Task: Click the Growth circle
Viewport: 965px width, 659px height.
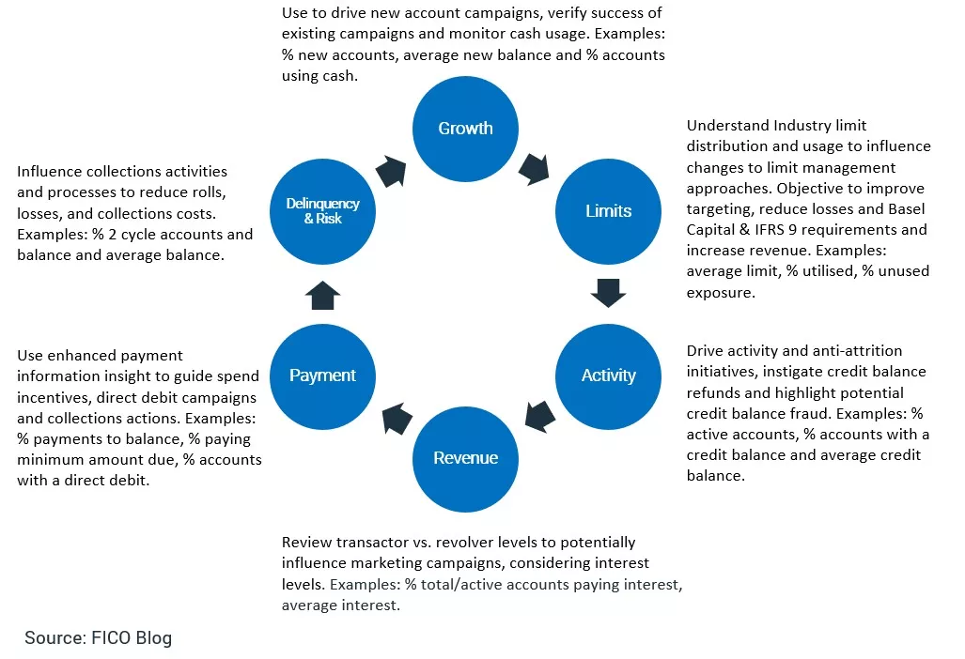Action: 465,129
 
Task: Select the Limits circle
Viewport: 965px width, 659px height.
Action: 608,210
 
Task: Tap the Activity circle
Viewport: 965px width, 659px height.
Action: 608,375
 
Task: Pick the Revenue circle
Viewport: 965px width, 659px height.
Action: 465,458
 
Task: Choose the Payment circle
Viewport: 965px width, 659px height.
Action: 322,375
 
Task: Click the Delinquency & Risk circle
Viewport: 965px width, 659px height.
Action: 322,210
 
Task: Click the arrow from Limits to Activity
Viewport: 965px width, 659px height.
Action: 608,293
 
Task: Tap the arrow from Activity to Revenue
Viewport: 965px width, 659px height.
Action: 539,417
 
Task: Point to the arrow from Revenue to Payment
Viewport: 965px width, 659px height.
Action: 394,416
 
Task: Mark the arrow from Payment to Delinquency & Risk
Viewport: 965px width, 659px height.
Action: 322,295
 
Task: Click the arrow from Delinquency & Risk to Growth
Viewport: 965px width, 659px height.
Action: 391,171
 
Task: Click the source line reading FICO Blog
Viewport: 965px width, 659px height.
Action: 99,638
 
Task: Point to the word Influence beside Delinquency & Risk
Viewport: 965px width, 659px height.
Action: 50,172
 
